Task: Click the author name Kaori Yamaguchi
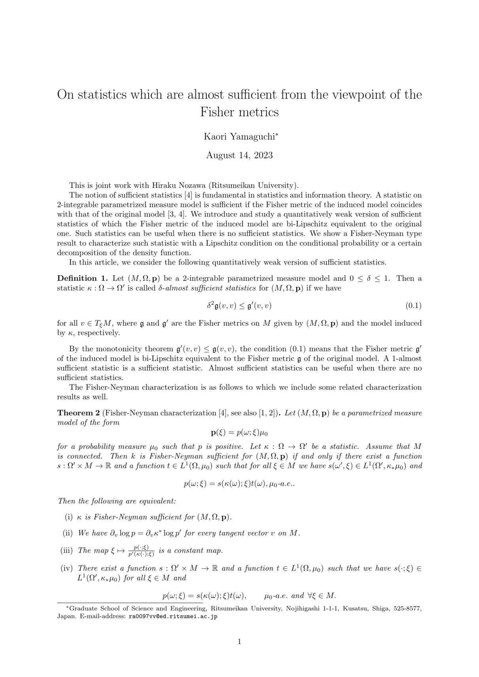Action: (x=240, y=137)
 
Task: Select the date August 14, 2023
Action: (x=239, y=155)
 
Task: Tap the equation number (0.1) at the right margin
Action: (x=413, y=306)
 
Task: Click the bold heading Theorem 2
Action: (x=78, y=413)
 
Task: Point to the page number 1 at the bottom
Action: (x=239, y=641)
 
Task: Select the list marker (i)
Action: (x=68, y=517)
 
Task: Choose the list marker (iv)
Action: (x=67, y=568)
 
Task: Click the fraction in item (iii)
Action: (x=141, y=550)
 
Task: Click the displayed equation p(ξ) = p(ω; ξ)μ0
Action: (x=239, y=432)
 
